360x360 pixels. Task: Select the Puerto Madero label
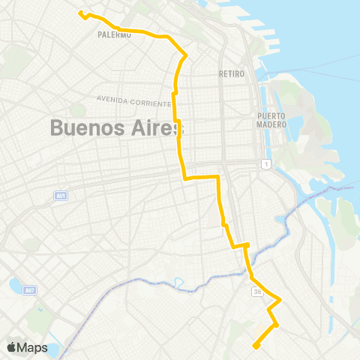tap(271, 120)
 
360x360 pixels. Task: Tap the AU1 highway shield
tap(61, 196)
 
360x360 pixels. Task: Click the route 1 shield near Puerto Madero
tap(265, 163)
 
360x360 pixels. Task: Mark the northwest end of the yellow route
tap(80, 12)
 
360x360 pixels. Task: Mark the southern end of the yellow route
tap(256, 346)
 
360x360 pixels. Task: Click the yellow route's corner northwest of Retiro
tap(185, 54)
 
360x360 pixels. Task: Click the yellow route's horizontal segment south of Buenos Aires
tap(201, 177)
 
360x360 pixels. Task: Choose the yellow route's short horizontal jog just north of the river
tap(240, 245)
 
